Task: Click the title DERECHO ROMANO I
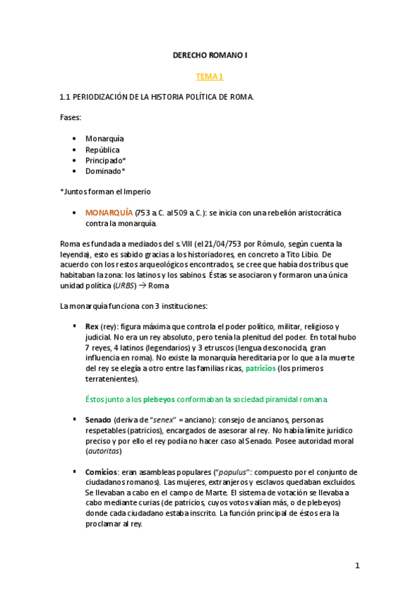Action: (x=210, y=54)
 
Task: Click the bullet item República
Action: (x=102, y=149)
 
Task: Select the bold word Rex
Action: (x=92, y=326)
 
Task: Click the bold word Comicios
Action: (x=101, y=472)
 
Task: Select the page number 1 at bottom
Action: (x=357, y=566)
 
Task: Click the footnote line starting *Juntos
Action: (x=105, y=192)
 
